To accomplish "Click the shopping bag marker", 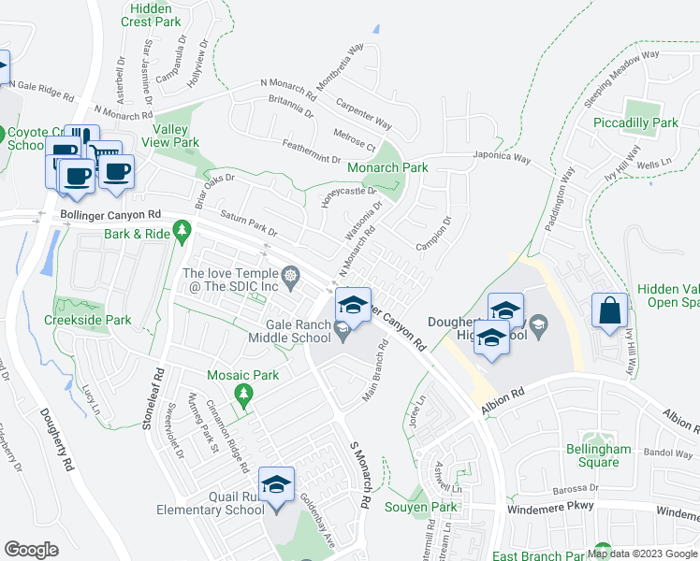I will tap(609, 312).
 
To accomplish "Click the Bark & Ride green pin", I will tap(182, 230).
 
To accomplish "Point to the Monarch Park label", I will tap(387, 167).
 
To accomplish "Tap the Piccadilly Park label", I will tap(635, 122).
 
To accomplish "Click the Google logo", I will tap(32, 550).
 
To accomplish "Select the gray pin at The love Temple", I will tap(291, 274).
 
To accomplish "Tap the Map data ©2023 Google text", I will tap(642, 554).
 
